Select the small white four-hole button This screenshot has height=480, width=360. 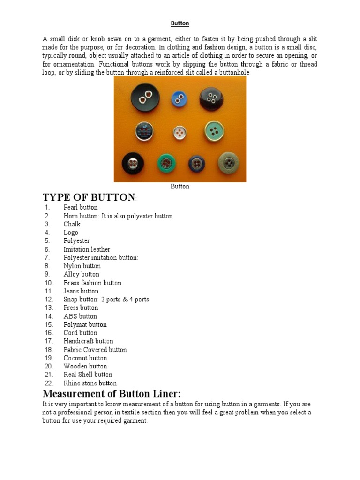tap(180, 132)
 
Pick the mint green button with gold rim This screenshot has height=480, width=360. tap(214, 132)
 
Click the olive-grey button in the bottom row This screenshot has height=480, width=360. tap(228, 163)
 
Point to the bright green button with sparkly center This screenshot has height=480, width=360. tap(166, 164)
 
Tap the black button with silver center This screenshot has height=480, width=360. tap(134, 164)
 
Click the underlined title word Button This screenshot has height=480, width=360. tap(180, 23)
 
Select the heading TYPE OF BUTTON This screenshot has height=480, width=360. tap(89, 197)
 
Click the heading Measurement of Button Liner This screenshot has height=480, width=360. tap(112, 393)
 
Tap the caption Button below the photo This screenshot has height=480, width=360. tap(180, 187)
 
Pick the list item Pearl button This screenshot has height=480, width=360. tap(81, 207)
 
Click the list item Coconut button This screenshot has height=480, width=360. tap(85, 358)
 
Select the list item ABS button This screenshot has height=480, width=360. tap(80, 316)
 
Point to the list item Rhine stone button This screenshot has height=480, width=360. tap(90, 383)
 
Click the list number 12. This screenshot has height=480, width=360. tap(49, 299)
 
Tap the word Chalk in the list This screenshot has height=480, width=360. tap(72, 224)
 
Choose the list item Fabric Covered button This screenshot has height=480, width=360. tap(95, 349)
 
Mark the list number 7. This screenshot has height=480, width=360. tap(47, 257)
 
